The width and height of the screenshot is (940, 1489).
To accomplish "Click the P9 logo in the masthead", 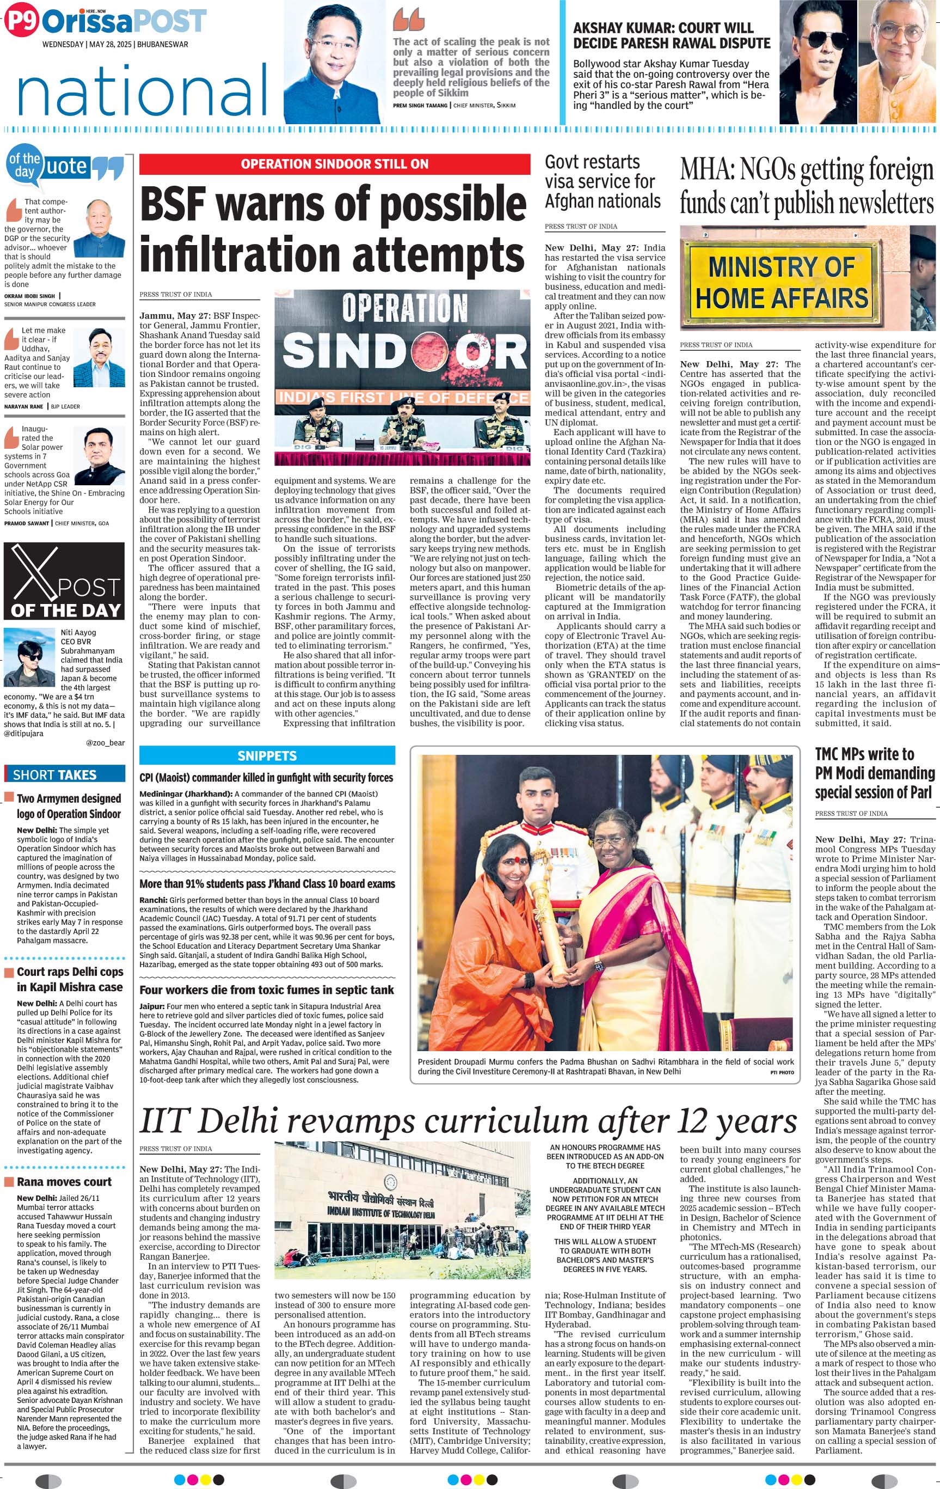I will click(21, 21).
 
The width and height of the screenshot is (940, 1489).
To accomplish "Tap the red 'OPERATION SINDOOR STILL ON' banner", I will click(334, 164).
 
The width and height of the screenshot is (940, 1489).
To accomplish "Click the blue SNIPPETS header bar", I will click(267, 755).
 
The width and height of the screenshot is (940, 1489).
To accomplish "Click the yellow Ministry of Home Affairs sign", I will click(781, 283).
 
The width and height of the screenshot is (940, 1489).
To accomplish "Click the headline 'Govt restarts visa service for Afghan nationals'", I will click(602, 181).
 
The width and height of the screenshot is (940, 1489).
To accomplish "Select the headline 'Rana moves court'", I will click(64, 1182).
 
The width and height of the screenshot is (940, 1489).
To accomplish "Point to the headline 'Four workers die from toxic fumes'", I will click(266, 990).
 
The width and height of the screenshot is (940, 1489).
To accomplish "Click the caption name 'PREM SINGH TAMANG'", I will click(420, 106).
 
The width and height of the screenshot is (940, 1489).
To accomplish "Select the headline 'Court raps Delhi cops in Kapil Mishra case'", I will click(69, 979).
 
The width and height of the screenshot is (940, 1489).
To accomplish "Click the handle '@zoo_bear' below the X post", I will click(105, 743).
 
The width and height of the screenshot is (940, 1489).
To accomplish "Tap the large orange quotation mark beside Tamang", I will click(409, 20).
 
